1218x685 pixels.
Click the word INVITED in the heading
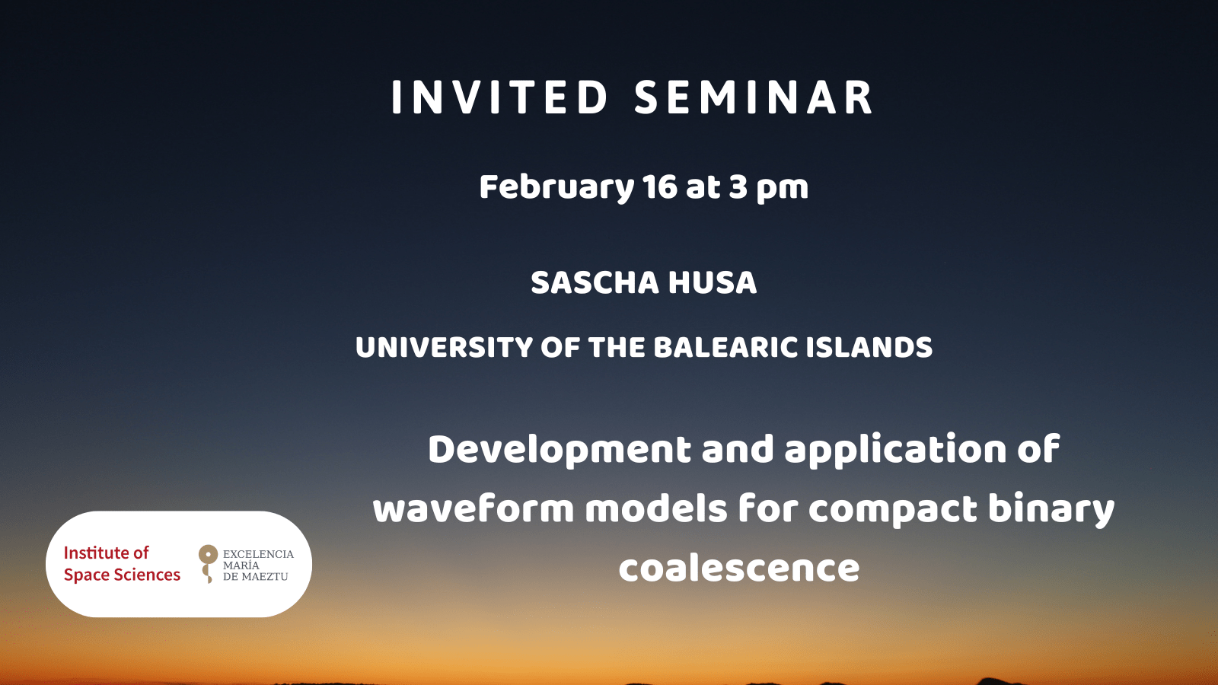pos(499,97)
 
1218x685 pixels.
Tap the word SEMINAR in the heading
pos(754,97)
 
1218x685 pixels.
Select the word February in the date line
pos(556,188)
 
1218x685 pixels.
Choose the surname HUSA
pos(713,282)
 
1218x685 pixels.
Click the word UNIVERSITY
pos(444,347)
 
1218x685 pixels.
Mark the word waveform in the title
pos(473,509)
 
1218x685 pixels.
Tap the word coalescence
pos(739,569)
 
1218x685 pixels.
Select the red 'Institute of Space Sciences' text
pos(122,564)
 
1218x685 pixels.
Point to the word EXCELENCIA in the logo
pos(258,554)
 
